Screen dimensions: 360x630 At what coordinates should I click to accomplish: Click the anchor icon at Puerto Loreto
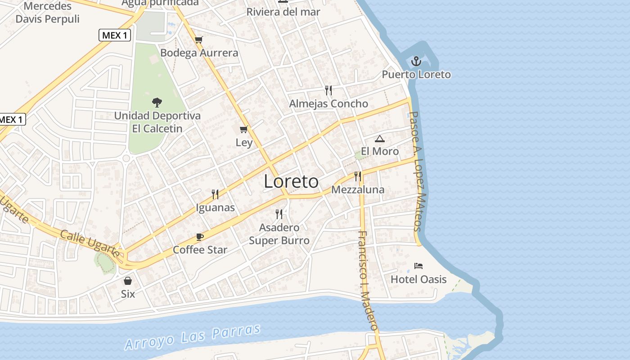(x=417, y=61)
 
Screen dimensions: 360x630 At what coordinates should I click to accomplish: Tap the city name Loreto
(x=291, y=181)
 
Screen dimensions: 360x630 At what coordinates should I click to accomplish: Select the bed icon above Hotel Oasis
(x=418, y=266)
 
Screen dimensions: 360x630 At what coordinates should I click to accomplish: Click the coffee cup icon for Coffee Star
(x=200, y=237)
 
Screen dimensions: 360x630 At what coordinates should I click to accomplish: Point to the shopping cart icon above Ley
(x=244, y=130)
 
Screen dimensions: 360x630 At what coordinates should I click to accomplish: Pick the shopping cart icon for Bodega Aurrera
(x=198, y=40)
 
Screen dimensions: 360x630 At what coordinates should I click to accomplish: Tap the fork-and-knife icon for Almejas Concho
(x=328, y=90)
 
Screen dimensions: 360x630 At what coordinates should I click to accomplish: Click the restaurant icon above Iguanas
(x=215, y=194)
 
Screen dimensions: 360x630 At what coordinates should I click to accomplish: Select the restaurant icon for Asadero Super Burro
(x=279, y=214)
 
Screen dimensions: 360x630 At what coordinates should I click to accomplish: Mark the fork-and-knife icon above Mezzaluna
(x=358, y=176)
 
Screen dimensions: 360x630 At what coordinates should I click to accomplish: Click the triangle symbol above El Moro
(x=380, y=139)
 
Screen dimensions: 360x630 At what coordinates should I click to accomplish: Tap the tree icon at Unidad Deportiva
(x=157, y=103)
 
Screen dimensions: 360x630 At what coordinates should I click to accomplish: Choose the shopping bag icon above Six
(x=128, y=281)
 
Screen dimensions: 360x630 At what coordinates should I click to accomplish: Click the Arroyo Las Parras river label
(x=193, y=337)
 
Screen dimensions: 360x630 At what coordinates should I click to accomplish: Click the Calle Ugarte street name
(x=90, y=244)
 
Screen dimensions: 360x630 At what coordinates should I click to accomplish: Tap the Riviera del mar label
(x=283, y=12)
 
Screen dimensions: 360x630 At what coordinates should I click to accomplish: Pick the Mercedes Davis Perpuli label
(x=47, y=13)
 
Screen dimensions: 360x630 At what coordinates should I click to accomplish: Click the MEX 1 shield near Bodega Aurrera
(x=115, y=35)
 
